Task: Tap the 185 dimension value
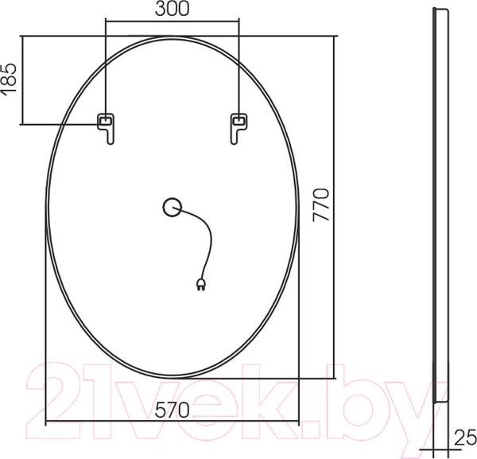pyautogui.click(x=10, y=80)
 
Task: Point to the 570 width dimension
pyautogui.click(x=172, y=410)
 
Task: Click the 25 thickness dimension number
pyautogui.click(x=465, y=436)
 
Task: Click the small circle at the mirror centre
pyautogui.click(x=172, y=208)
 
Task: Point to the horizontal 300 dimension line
pyautogui.click(x=172, y=21)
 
